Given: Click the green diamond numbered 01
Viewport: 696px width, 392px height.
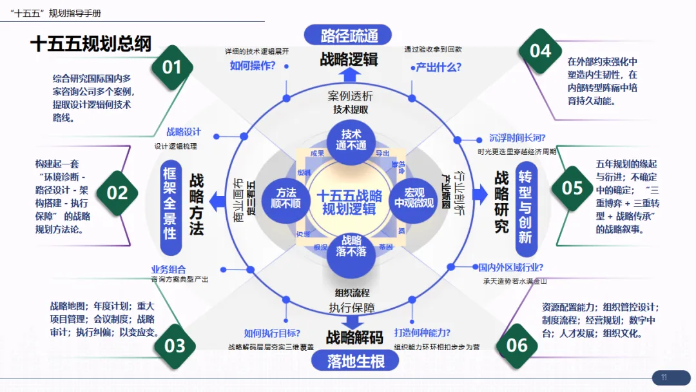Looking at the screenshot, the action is tap(172, 66).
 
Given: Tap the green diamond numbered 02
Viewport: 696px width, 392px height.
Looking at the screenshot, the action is tap(117, 192).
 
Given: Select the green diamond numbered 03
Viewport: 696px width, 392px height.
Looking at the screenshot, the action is tap(175, 346).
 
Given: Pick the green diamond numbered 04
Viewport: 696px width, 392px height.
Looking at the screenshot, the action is tap(540, 50).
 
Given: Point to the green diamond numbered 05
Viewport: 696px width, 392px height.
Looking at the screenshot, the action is tap(572, 188).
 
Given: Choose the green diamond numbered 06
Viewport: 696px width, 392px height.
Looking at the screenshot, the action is tap(517, 344).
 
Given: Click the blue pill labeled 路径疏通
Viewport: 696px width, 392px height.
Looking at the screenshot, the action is tap(349, 35).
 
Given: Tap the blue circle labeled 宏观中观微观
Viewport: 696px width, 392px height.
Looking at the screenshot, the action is tap(414, 198).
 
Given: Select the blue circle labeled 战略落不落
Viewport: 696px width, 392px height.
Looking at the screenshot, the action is tap(351, 246).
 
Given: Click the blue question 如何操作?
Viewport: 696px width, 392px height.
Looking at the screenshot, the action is tap(253, 66).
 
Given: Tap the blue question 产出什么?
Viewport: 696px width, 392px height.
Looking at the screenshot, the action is tap(438, 66).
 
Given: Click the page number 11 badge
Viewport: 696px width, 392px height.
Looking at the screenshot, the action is tap(664, 378).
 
